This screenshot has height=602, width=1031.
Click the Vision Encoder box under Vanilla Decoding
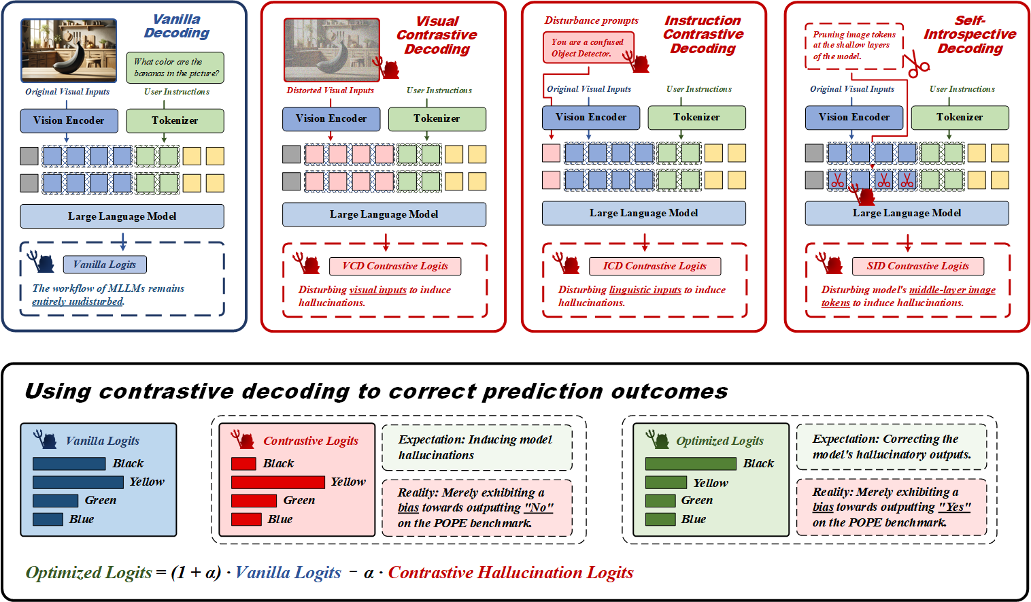(x=69, y=120)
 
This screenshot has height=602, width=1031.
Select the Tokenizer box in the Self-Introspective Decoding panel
(x=960, y=117)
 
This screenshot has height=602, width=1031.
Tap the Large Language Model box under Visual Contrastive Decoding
(x=384, y=214)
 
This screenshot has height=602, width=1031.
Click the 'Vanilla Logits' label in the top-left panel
(x=105, y=265)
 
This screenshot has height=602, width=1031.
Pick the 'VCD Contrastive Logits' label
(x=395, y=266)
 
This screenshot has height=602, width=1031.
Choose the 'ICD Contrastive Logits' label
(x=654, y=266)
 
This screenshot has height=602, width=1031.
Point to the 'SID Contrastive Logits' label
(x=917, y=266)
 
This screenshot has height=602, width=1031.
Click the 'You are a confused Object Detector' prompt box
(x=588, y=48)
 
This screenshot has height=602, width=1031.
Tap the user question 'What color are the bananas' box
(x=175, y=67)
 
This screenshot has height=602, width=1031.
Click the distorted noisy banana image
(x=331, y=50)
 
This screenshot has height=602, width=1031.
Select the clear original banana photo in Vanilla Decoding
(x=69, y=50)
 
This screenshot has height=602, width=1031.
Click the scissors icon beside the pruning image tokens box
(x=915, y=65)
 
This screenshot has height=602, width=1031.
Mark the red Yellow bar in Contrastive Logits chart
(x=277, y=482)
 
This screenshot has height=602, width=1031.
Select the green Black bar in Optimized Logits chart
(x=690, y=464)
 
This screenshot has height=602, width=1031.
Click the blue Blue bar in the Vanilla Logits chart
(x=48, y=519)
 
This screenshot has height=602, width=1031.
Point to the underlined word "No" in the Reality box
(x=539, y=507)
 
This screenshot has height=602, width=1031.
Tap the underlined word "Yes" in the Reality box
(x=954, y=507)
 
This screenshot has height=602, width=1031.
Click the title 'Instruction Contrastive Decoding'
(x=703, y=35)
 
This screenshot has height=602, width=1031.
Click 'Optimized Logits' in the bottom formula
(x=89, y=573)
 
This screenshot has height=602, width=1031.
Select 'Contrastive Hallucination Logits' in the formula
(x=511, y=573)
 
